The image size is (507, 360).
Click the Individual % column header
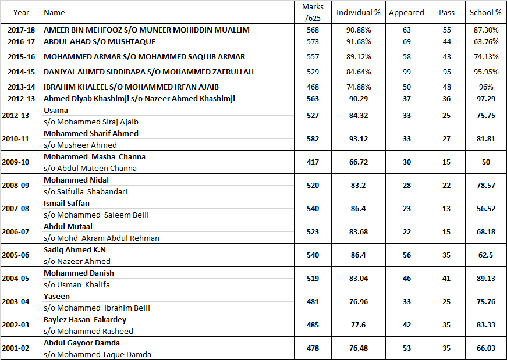coord(358,12)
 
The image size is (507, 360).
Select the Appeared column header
coord(406,12)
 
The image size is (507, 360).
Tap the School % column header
coord(485,12)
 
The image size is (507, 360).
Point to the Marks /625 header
coord(313,12)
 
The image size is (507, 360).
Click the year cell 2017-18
coord(21,30)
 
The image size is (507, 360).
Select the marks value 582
coord(313,139)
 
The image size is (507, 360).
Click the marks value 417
coord(313,162)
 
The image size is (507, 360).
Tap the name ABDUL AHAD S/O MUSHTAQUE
coord(100,42)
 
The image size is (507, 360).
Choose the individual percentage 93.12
coord(358,139)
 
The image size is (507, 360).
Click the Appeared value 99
coord(406,72)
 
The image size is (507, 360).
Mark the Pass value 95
coord(446,72)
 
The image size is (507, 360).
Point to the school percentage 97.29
coord(485,99)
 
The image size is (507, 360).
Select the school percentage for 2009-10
coord(485,162)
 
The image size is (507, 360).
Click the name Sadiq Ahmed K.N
coord(75,250)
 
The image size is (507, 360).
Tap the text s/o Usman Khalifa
coord(77,285)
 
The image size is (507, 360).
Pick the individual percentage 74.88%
coord(358,87)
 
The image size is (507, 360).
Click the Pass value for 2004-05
coord(446,279)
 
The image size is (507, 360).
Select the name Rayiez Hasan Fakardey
coord(85,320)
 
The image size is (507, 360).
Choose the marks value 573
coord(313,42)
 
